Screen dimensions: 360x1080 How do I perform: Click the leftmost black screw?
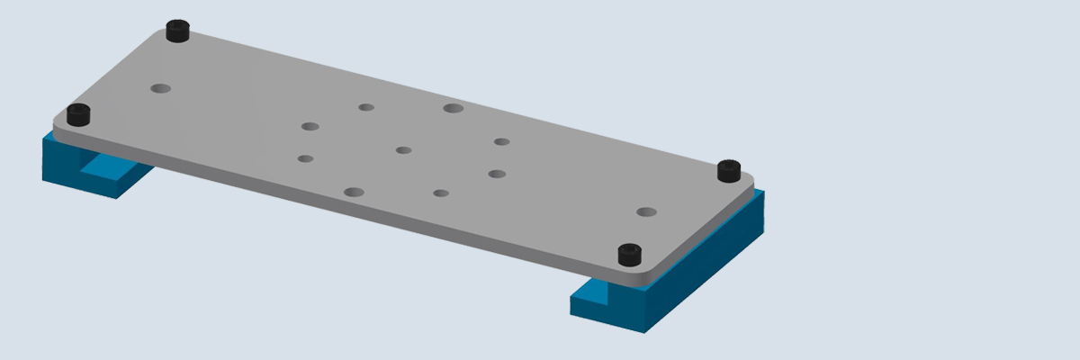tap(79, 115)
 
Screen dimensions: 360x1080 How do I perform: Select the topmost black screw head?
tap(178, 32)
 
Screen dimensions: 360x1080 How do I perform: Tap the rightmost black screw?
tap(728, 169)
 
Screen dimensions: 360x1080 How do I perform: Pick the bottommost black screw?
tap(630, 254)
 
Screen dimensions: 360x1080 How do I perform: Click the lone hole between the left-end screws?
tap(161, 88)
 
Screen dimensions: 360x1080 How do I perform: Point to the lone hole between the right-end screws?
tap(646, 212)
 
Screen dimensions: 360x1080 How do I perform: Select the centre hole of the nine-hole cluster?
tap(403, 150)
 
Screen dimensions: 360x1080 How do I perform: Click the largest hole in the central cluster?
tap(453, 108)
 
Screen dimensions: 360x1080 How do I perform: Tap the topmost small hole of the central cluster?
tap(366, 107)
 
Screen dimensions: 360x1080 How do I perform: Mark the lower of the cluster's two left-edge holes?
tap(305, 159)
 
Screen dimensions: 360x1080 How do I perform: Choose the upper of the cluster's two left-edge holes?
tap(310, 126)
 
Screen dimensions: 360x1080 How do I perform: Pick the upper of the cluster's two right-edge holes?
tap(501, 141)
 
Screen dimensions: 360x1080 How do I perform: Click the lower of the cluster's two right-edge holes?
tap(497, 174)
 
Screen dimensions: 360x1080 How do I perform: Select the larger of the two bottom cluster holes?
tap(354, 193)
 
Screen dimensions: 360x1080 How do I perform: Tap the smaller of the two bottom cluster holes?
tap(440, 193)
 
